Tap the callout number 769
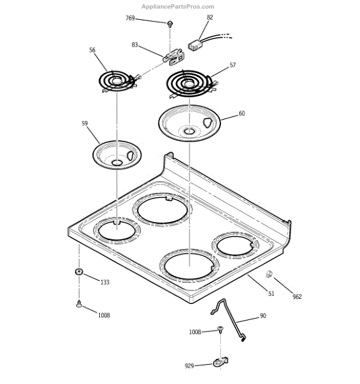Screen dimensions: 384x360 point(131,19)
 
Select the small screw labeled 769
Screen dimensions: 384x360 point(170,24)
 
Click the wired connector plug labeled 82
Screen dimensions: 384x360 point(197,45)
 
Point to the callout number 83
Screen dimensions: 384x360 point(135,45)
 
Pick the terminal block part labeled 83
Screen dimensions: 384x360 point(172,58)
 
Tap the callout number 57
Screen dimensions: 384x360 point(233,65)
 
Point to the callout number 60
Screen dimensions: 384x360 point(241,113)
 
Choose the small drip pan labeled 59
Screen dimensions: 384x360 point(116,156)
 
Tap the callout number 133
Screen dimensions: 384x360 point(105,282)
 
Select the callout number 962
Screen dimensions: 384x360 point(297,296)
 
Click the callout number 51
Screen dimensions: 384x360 point(271,293)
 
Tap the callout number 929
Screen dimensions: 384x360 point(189,366)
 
